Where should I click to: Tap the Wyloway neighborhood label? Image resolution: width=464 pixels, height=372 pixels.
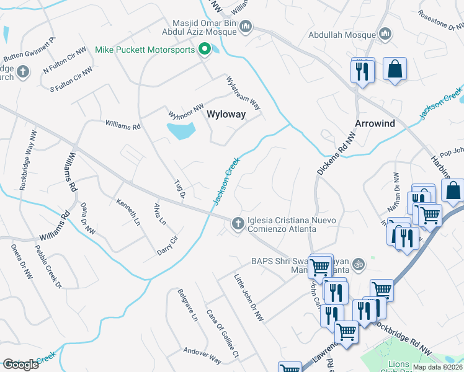[226, 115]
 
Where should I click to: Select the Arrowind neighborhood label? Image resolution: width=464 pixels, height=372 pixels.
[375, 123]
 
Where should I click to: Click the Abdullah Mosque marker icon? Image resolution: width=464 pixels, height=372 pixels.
[385, 33]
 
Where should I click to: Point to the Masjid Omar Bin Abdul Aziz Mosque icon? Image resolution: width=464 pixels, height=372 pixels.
[246, 26]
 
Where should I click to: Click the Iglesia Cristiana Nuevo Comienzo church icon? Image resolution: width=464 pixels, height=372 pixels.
[237, 223]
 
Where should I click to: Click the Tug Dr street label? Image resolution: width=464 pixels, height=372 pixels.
[179, 187]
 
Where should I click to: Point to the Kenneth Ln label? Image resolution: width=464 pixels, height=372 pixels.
[127, 210]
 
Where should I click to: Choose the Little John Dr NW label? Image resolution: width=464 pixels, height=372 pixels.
[248, 297]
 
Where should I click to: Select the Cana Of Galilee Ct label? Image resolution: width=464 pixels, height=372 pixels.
[222, 334]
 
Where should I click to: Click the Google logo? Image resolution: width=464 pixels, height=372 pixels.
[20, 365]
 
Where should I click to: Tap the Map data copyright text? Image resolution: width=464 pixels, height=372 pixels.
[437, 367]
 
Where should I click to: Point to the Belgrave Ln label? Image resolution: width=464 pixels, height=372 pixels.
[187, 304]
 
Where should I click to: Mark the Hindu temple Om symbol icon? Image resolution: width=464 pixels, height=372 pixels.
[356, 265]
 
